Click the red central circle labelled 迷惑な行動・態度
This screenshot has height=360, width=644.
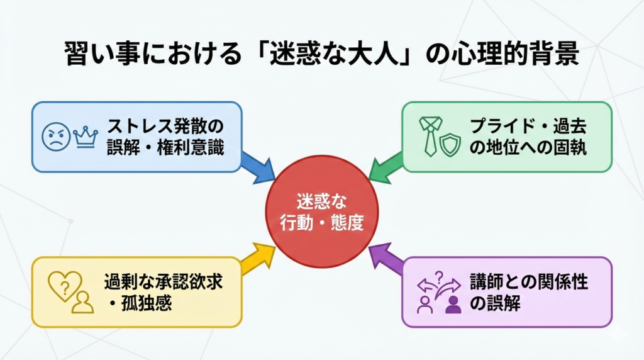[321, 212]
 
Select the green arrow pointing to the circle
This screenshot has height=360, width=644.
[385, 166]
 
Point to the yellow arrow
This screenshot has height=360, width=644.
[258, 258]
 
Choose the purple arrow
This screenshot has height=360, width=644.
[385, 258]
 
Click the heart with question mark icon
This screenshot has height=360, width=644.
[64, 284]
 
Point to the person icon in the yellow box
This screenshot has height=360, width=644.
[82, 301]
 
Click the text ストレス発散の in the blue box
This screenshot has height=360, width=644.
[165, 126]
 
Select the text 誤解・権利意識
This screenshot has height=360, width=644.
[165, 149]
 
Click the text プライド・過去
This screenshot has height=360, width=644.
[528, 126]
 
